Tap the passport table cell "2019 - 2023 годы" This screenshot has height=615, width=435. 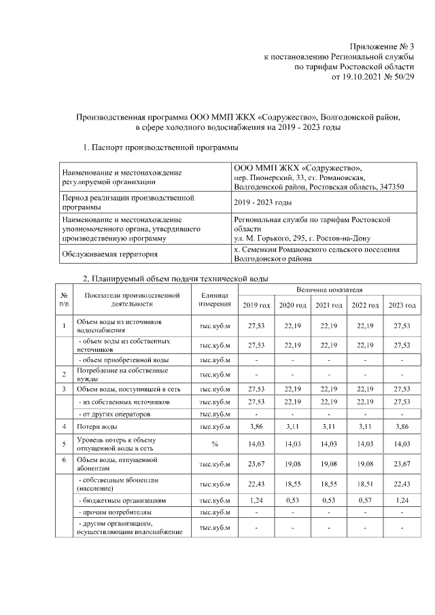(262, 203)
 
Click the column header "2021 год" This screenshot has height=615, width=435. (328, 306)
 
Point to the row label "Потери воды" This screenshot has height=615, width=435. (97, 426)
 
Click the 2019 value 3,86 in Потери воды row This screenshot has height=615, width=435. (256, 426)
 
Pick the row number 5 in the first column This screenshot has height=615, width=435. (64, 443)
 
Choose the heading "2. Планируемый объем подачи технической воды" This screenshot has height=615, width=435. (175, 279)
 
